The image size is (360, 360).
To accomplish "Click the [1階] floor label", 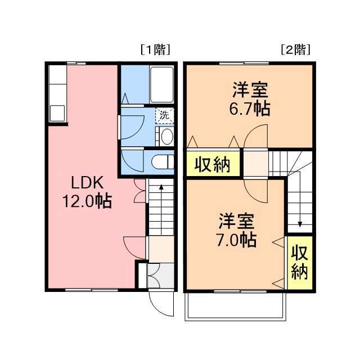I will tap(154, 50).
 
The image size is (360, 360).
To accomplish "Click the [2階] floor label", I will tap(295, 50).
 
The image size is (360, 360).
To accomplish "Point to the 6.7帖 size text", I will tap(247, 109).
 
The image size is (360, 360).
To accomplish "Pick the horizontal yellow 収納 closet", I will tap(213, 164).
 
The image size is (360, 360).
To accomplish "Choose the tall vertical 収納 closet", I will tap(299, 263).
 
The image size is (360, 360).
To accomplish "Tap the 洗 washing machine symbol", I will tap(164, 115).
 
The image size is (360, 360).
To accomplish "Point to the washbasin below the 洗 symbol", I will tap(165, 136).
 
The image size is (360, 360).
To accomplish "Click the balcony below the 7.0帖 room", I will tap(235, 306).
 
